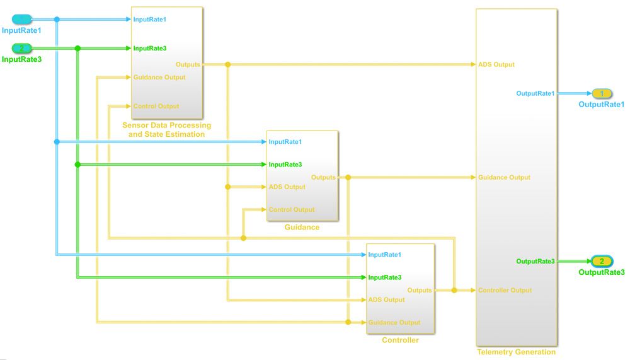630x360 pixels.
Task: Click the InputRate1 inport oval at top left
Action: (22, 19)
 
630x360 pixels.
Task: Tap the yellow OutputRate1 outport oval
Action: (602, 93)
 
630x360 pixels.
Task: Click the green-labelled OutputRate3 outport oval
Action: (601, 261)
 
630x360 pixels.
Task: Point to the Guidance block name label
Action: (302, 227)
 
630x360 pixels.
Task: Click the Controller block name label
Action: (400, 340)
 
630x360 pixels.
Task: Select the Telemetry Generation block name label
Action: (516, 352)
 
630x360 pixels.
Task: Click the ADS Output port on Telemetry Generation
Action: (496, 64)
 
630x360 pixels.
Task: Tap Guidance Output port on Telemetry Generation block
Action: (504, 177)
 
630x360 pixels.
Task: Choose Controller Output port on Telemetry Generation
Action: (505, 290)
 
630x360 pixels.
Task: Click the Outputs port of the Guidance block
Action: (323, 177)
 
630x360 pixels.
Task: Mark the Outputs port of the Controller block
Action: (420, 290)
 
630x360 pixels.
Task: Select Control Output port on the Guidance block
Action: (291, 209)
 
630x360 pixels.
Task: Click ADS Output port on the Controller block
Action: (386, 299)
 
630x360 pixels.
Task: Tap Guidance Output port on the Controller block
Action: (394, 322)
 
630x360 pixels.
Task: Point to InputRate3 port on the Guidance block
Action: (285, 164)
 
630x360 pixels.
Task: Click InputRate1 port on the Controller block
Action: (384, 255)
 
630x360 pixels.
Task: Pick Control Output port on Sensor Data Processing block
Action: (156, 106)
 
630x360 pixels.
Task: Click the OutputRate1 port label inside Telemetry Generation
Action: (535, 93)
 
